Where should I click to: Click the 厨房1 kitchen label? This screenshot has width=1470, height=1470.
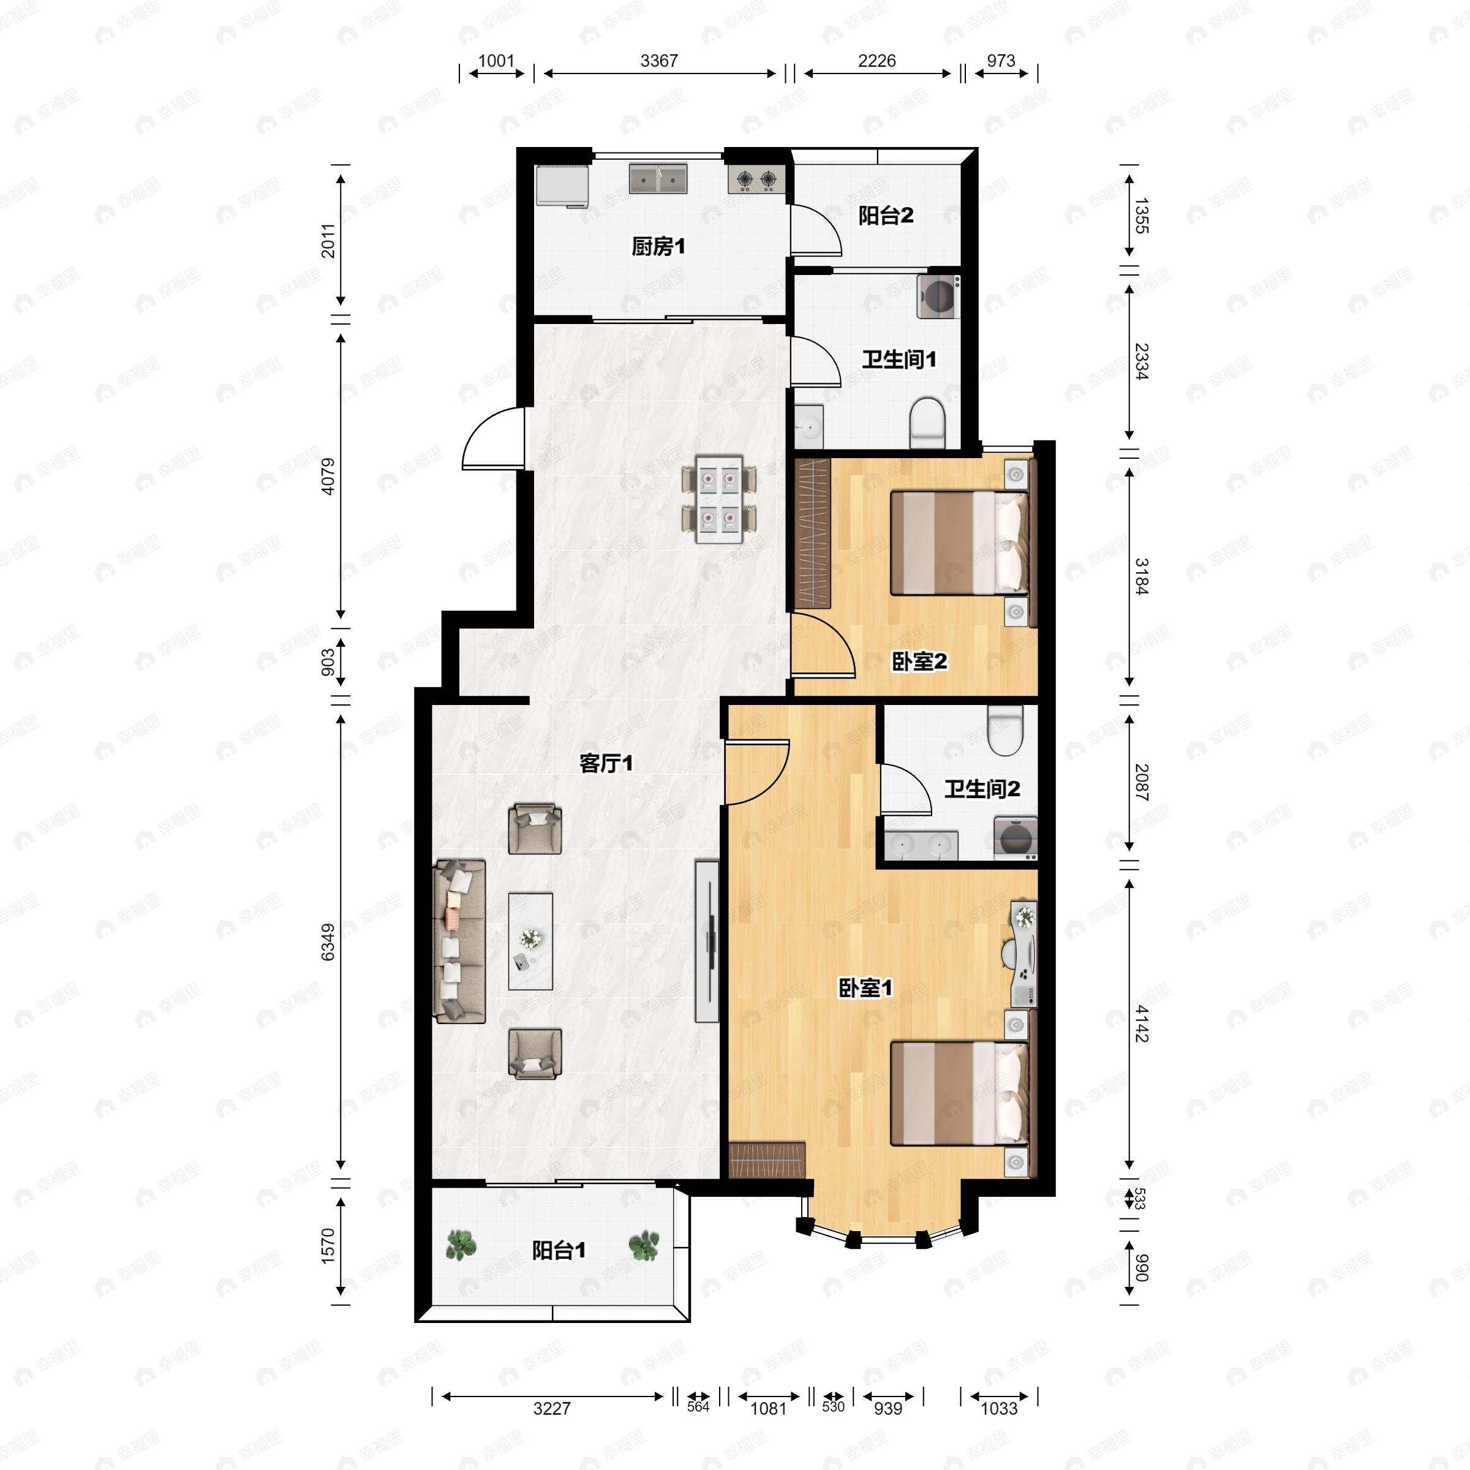pos(658,246)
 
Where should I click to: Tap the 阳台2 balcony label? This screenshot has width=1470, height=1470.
pos(886,216)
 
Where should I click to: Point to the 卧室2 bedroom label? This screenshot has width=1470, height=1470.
pos(919,661)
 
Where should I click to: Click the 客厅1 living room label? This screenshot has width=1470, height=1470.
pos(606,763)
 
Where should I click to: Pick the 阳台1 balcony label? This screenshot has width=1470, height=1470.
pos(559,1250)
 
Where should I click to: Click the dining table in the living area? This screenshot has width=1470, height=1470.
pos(719,499)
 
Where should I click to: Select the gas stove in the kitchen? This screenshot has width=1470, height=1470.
pos(756,179)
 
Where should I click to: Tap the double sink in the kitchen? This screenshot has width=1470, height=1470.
pos(658,178)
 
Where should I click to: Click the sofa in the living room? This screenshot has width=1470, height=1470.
pos(459,941)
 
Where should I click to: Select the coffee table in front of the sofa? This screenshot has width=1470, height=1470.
pos(530,941)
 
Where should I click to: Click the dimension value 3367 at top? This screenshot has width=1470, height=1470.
pos(659,61)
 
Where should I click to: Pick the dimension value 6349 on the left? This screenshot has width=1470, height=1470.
pos(327,942)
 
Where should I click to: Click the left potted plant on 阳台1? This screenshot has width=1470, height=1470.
pos(461,1246)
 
